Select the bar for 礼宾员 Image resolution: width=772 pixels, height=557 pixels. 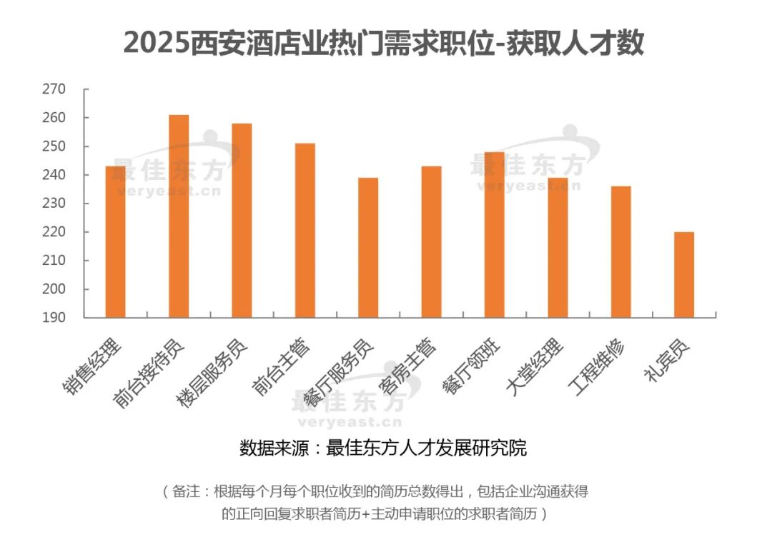[x=684, y=275]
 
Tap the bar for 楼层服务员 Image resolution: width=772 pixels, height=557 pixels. [x=242, y=221]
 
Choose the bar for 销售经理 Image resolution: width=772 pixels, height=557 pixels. [x=115, y=242]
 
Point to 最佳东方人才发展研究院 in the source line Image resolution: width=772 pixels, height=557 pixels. [x=426, y=448]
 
